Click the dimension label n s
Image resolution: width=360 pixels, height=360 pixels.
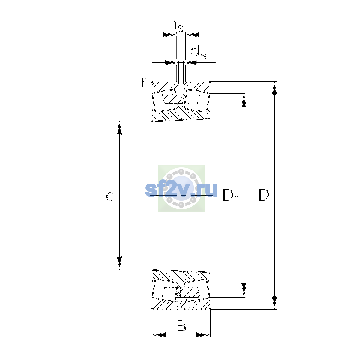pos(176,26)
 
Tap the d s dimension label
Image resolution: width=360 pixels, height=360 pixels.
pos(198,53)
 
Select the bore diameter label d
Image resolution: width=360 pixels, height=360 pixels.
pos(110,195)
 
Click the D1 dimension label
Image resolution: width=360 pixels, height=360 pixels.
pos(231,196)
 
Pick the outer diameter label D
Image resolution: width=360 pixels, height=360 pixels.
pos(264,195)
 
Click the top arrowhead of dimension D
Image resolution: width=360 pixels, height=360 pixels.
pos(274,88)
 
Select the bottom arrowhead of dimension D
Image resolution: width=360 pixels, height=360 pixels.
pos(274,302)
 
